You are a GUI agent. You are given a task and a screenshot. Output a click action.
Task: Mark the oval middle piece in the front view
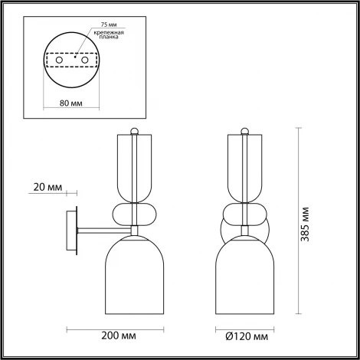[245, 214]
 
